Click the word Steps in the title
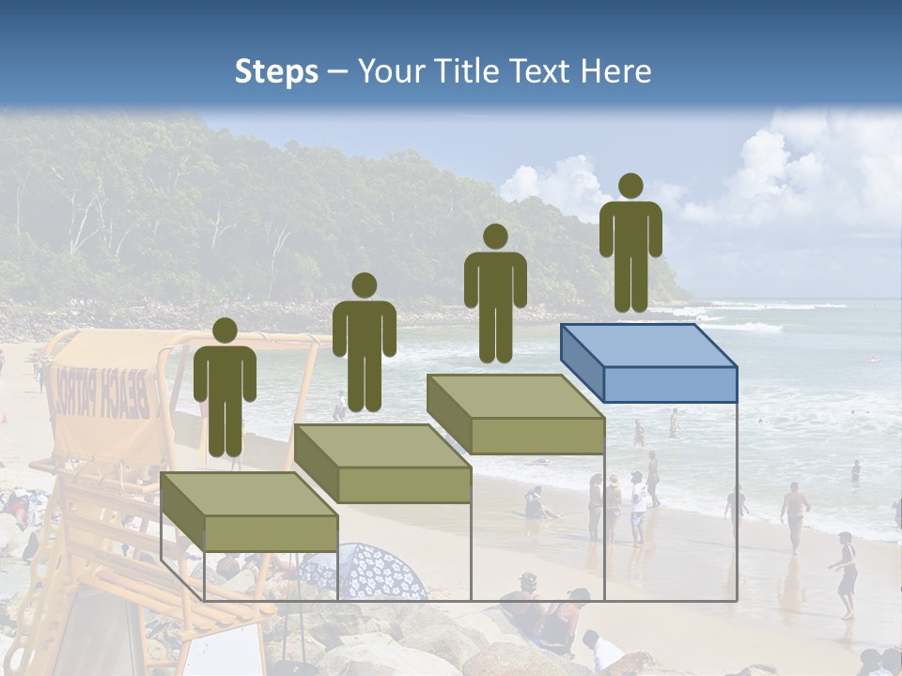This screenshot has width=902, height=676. (x=276, y=72)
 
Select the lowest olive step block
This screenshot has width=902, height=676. (x=250, y=512)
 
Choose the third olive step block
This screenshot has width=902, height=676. (x=516, y=414)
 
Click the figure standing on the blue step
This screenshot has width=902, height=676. (x=630, y=244)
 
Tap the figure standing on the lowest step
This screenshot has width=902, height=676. (x=225, y=389)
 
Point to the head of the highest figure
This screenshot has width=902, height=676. (x=630, y=186)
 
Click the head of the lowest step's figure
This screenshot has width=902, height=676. (x=225, y=330)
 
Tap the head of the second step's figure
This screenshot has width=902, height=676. (x=364, y=285)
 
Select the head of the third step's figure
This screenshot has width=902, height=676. (x=495, y=236)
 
